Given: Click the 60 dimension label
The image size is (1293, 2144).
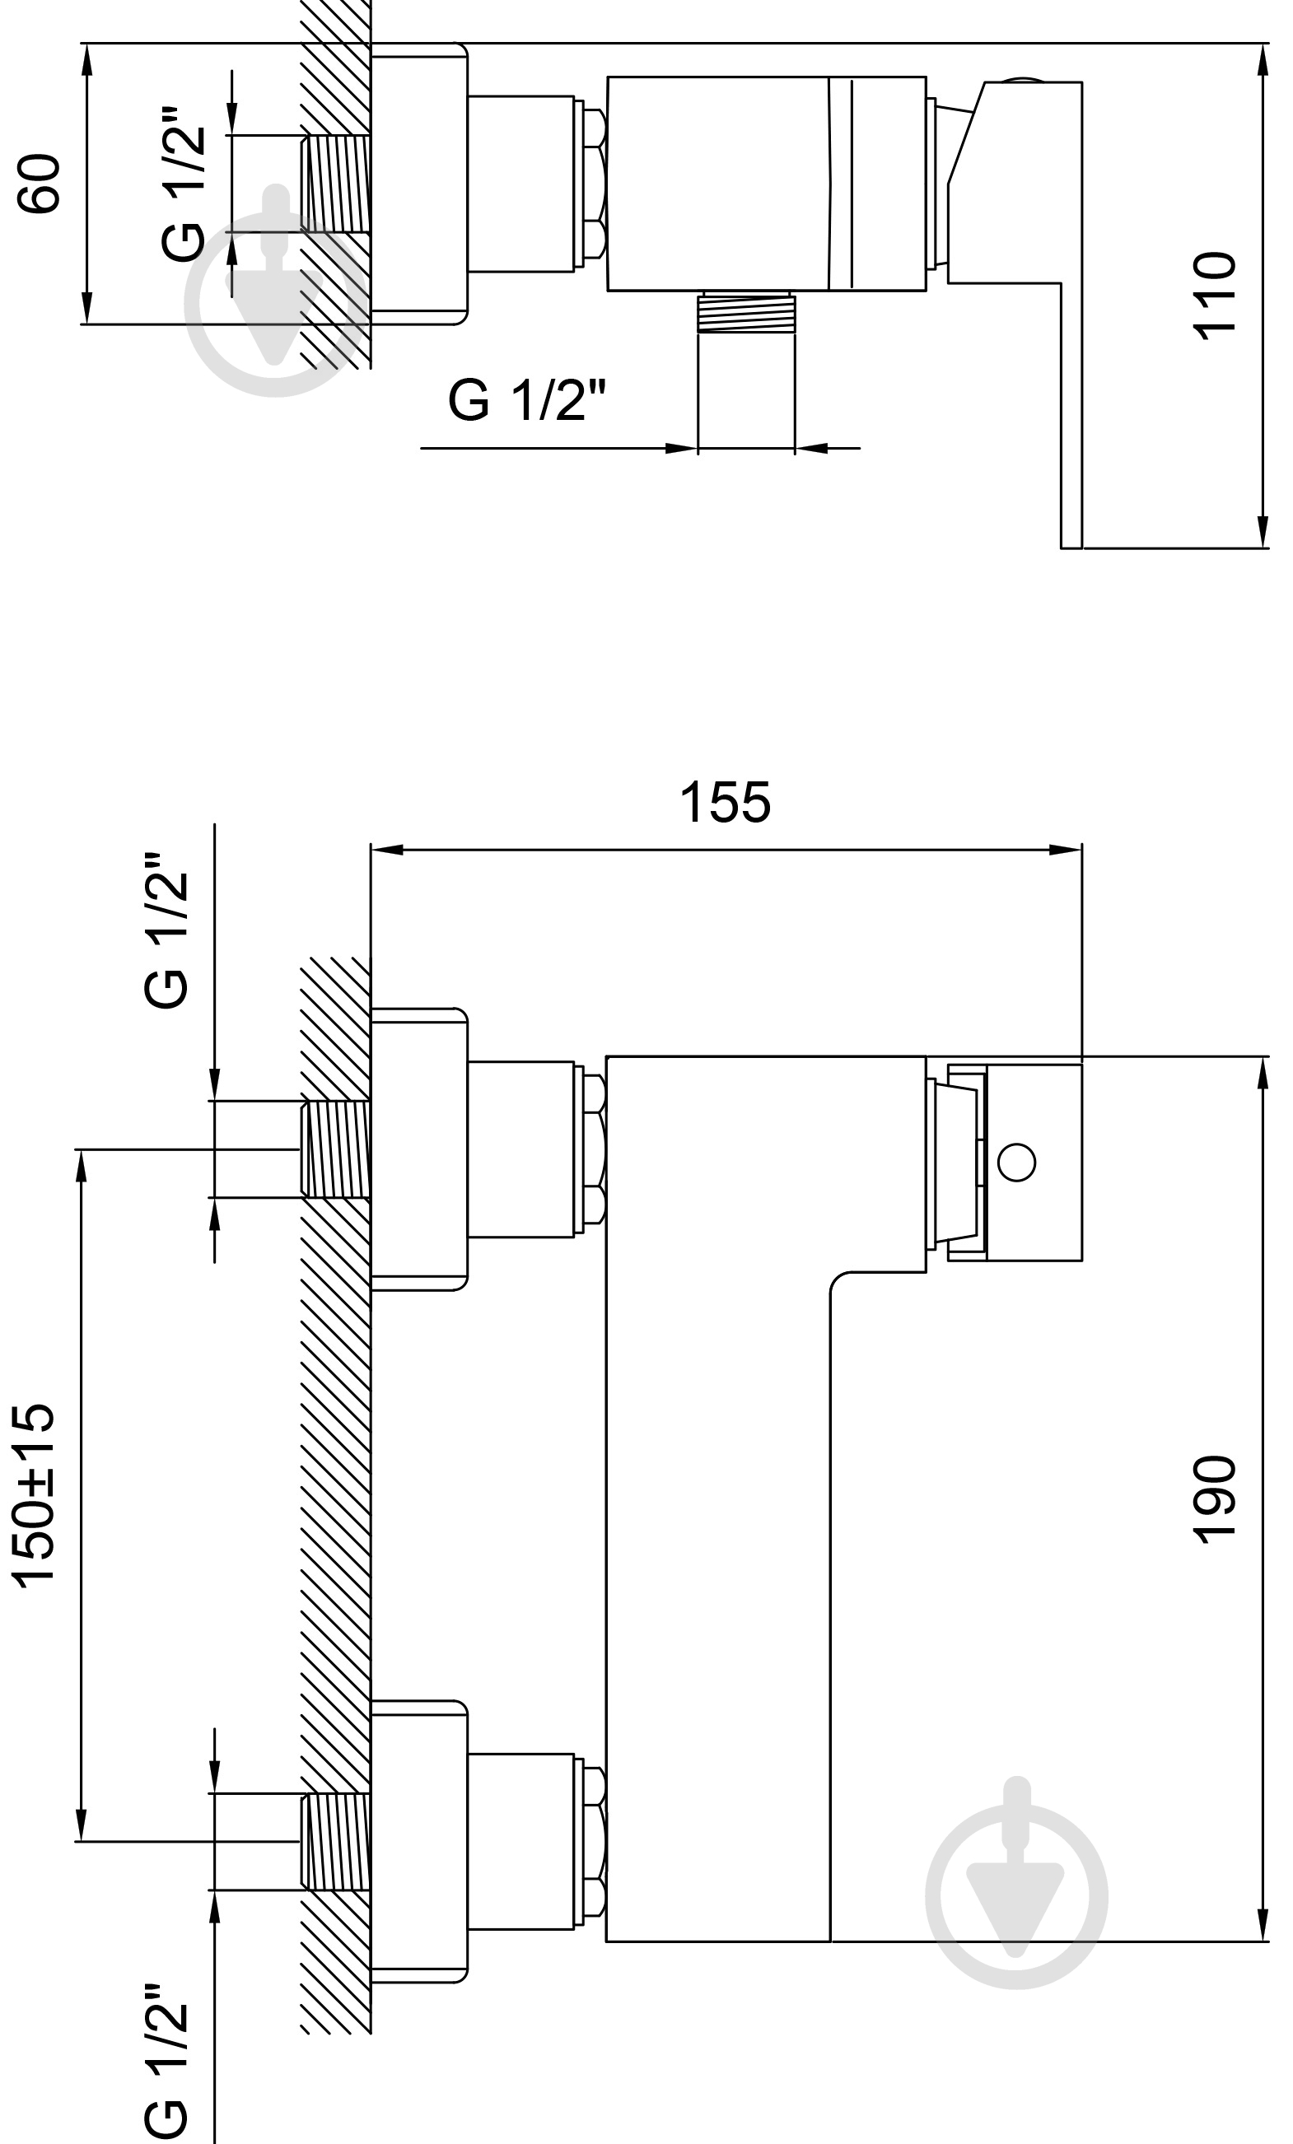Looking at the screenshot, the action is click(x=40, y=183).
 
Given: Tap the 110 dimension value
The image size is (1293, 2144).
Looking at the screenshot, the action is click(x=1214, y=296).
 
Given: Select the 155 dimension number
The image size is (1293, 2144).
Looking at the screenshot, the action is click(x=725, y=801).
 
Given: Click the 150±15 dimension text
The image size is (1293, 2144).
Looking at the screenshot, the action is click(x=35, y=1495).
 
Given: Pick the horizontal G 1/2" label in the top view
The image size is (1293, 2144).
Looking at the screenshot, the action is click(x=526, y=400).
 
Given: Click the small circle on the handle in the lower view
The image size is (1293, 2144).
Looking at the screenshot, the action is click(x=1016, y=1163).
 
